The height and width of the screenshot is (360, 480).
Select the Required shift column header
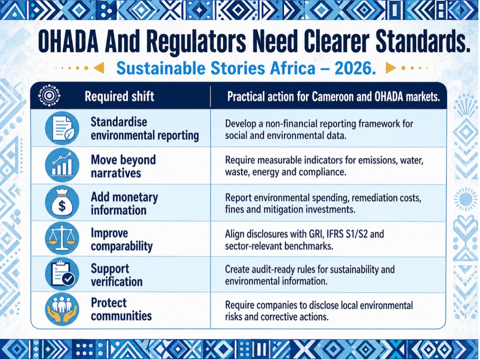click(x=119, y=96)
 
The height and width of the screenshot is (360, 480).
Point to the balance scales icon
click(x=62, y=238)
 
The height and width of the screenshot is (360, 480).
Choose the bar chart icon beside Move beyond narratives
click(x=62, y=165)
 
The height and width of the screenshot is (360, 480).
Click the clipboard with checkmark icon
click(x=62, y=274)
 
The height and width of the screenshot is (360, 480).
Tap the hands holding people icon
click(x=62, y=309)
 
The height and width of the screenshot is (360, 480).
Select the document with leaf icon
click(x=62, y=128)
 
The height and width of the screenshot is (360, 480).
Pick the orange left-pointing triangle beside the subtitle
click(x=98, y=68)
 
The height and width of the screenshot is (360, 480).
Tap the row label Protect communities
click(x=121, y=309)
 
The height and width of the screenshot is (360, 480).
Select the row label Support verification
click(x=117, y=275)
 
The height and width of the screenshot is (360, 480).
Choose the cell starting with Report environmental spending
click(x=323, y=204)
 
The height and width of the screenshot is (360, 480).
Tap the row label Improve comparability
click(x=122, y=240)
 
